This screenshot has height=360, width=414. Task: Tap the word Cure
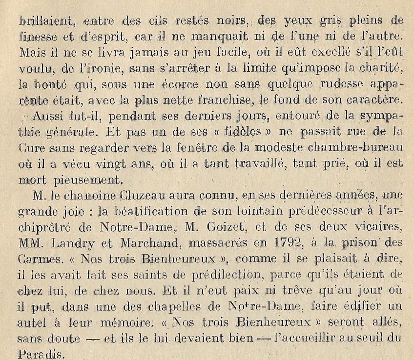(x=31, y=148)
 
